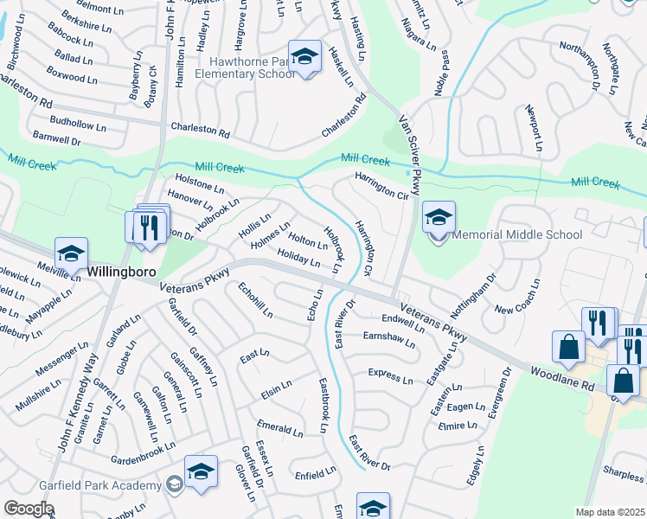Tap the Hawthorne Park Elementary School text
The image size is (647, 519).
pyautogui.click(x=246, y=67)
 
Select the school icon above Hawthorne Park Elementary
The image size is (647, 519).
pyautogui.click(x=304, y=56)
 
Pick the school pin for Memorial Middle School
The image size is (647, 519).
pyautogui.click(x=439, y=217)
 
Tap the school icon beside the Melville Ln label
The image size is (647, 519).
pyautogui.click(x=71, y=253)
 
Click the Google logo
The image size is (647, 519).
pyautogui.click(x=29, y=508)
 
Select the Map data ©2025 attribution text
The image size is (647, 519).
pyautogui.click(x=610, y=512)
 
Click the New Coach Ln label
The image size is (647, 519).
pyautogui.click(x=516, y=296)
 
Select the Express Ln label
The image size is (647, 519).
pyautogui.click(x=390, y=377)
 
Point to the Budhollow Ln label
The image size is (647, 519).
pyautogui.click(x=78, y=125)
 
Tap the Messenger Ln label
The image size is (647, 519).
pyautogui.click(x=62, y=359)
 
